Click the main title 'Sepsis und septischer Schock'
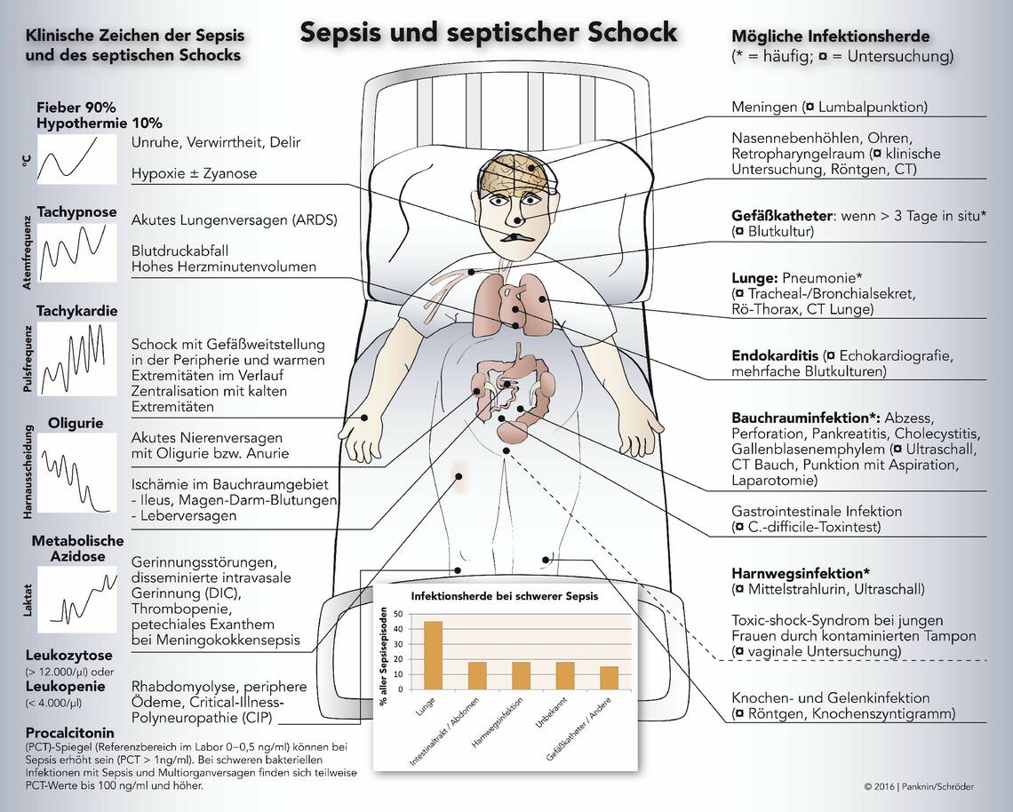coord(488,32)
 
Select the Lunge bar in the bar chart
coord(432,655)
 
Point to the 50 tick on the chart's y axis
coord(398,614)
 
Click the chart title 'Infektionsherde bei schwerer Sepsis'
coord(504,596)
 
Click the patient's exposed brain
coord(516,174)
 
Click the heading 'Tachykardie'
coord(77,311)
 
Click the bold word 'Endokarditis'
coord(775,355)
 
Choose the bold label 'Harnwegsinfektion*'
coord(800,572)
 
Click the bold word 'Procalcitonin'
coord(71,733)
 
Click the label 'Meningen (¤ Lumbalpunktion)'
coord(829,107)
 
